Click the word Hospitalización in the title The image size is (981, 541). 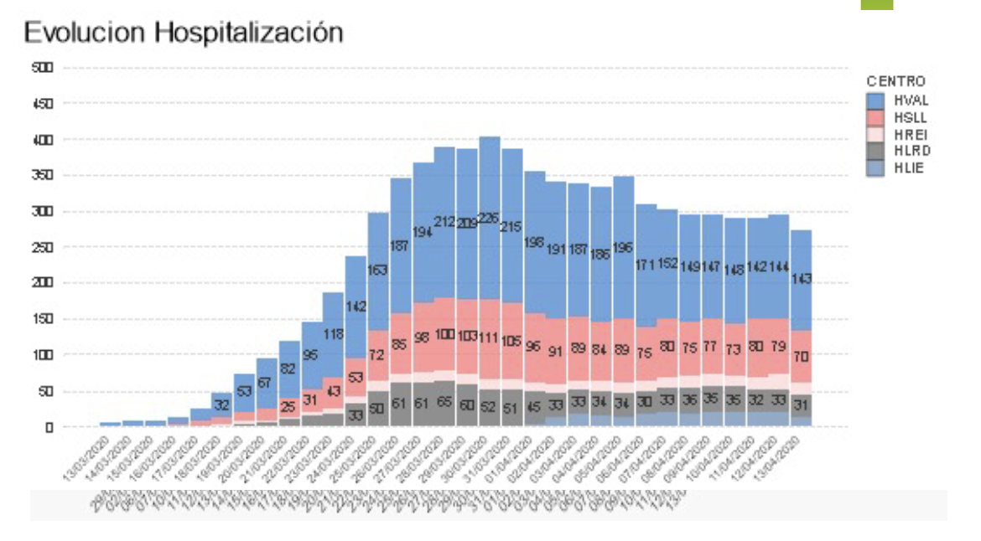[251, 32]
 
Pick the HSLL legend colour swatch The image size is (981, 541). [875, 118]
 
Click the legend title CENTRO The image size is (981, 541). [895, 81]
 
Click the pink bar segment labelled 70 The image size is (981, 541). [802, 356]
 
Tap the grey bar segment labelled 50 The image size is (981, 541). [378, 408]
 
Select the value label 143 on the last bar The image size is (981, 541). [802, 279]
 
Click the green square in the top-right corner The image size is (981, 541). [876, 4]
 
